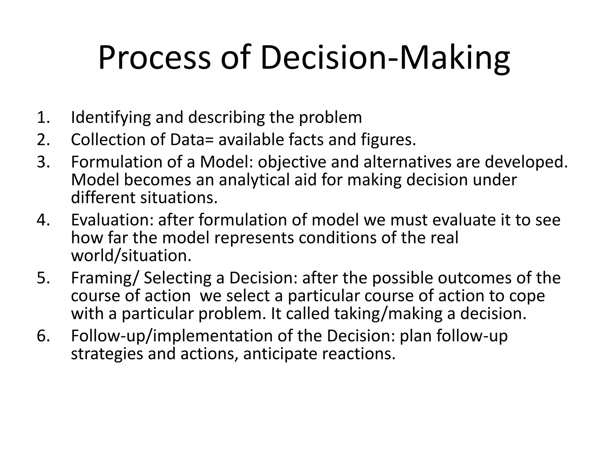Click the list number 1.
tap(43, 117)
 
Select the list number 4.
tap(43, 220)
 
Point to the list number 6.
tap(43, 336)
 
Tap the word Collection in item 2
tap(108, 140)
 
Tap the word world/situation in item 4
tap(131, 256)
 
